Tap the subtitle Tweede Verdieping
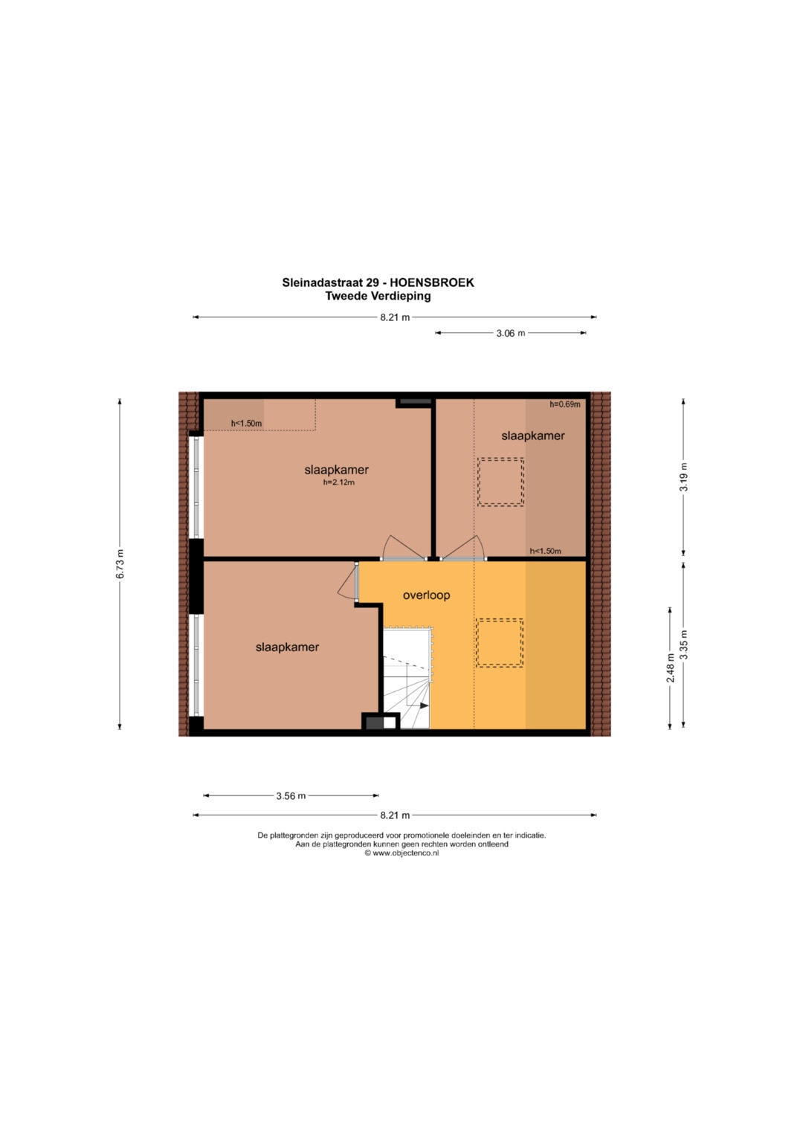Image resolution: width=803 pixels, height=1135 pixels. coord(378,296)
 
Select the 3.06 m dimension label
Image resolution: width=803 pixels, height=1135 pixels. coord(511,333)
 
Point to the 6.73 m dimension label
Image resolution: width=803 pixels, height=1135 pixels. coord(120,564)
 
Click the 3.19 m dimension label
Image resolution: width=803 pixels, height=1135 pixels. coord(684,476)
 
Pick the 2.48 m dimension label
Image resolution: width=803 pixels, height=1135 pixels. coord(670,667)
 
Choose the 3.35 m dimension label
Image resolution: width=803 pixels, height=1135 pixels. coord(684,644)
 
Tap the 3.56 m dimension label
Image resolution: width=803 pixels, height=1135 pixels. coord(291,795)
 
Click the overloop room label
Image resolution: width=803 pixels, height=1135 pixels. coord(426,595)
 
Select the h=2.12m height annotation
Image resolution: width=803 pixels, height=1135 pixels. coord(338,482)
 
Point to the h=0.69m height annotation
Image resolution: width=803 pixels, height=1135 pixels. coord(565,404)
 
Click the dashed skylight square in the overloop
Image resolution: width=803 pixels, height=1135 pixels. coord(500,642)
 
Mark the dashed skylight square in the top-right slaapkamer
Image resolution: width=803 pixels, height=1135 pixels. coord(500,482)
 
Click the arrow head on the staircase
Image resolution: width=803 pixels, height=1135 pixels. coord(425,705)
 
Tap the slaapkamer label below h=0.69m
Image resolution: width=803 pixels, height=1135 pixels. coord(533,436)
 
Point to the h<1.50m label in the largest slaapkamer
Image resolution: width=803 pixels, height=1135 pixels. coord(246,423)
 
